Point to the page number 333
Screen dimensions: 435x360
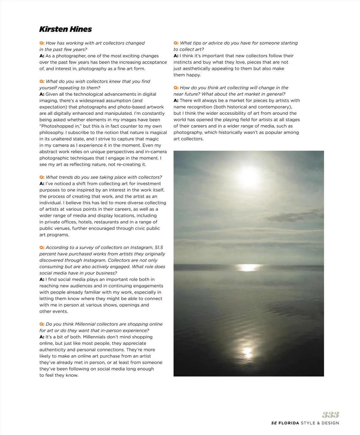click(331, 415)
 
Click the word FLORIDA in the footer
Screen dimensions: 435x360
click(289, 423)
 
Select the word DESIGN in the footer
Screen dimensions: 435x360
click(330, 423)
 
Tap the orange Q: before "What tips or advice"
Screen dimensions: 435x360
click(176, 43)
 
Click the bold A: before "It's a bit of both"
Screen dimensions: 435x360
click(42, 337)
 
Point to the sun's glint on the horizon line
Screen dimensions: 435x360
click(248, 267)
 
